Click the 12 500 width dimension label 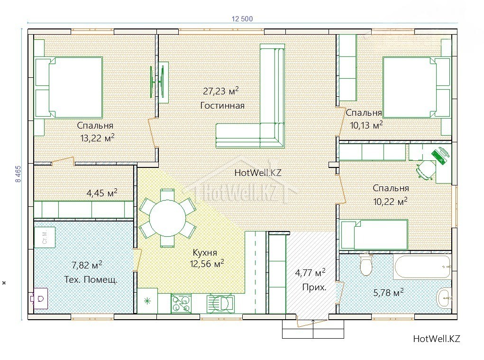tap(242, 19)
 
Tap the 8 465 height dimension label tap(18, 174)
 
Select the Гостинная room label tap(222, 106)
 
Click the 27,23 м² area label tap(221, 91)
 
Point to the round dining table tap(168, 218)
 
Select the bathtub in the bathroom tap(422, 267)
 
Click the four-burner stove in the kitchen tap(181, 303)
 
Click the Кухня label tap(205, 252)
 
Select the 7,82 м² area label tap(87, 265)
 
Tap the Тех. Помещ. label tap(91, 280)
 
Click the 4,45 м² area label tap(102, 193)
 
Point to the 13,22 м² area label tap(97, 138)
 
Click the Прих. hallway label tap(314, 288)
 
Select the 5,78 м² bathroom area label tap(388, 292)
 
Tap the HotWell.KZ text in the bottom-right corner tap(437, 339)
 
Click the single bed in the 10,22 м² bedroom tap(374, 235)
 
